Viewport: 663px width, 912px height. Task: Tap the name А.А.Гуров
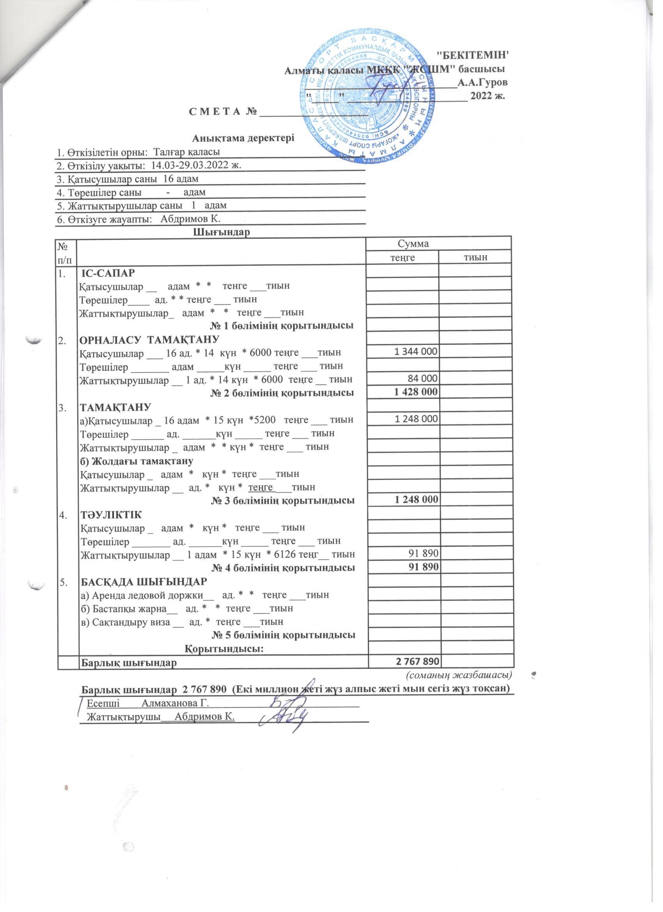pos(482,82)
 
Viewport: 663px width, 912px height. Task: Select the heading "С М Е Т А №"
pos(223,110)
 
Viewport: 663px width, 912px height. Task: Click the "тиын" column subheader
pos(475,257)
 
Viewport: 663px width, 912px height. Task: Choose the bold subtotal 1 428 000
pos(416,392)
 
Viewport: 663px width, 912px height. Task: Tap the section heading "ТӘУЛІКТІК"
pos(111,514)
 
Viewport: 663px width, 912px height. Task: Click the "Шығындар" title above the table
pos(222,232)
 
